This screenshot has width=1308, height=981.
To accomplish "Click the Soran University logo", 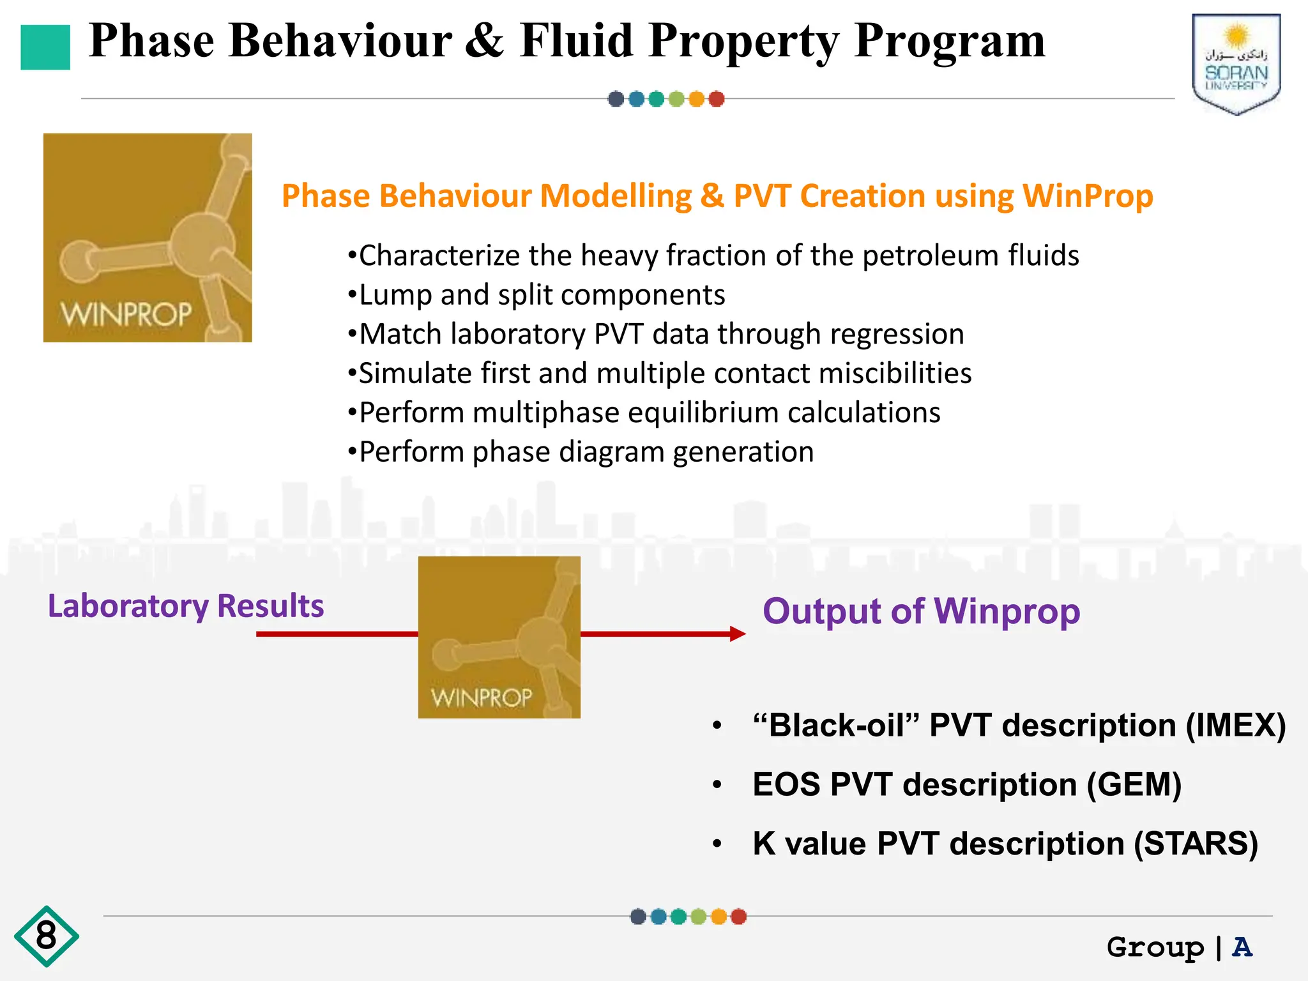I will coord(1236,64).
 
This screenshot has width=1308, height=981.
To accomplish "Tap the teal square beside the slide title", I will coord(45,47).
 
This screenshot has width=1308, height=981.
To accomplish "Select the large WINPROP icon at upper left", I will coord(148,238).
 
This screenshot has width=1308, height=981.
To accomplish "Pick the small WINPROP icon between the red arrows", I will coord(499,637).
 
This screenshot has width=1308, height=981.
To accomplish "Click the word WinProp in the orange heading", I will coord(1088,196).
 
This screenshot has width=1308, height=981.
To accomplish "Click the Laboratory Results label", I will coord(186,605).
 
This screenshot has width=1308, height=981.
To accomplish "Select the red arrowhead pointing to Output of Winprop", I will coord(737,634).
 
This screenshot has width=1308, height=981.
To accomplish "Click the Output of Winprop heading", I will coord(921,611).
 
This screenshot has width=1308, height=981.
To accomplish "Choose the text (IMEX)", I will coord(1235,726).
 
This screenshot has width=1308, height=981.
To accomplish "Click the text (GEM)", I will coord(1134,784).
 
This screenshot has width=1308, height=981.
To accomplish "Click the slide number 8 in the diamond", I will coord(46,936).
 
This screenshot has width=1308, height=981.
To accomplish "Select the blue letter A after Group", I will coord(1242,947).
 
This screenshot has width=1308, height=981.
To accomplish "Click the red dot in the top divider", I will coord(717,99).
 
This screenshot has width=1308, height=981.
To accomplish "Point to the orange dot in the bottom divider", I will coord(719,916).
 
